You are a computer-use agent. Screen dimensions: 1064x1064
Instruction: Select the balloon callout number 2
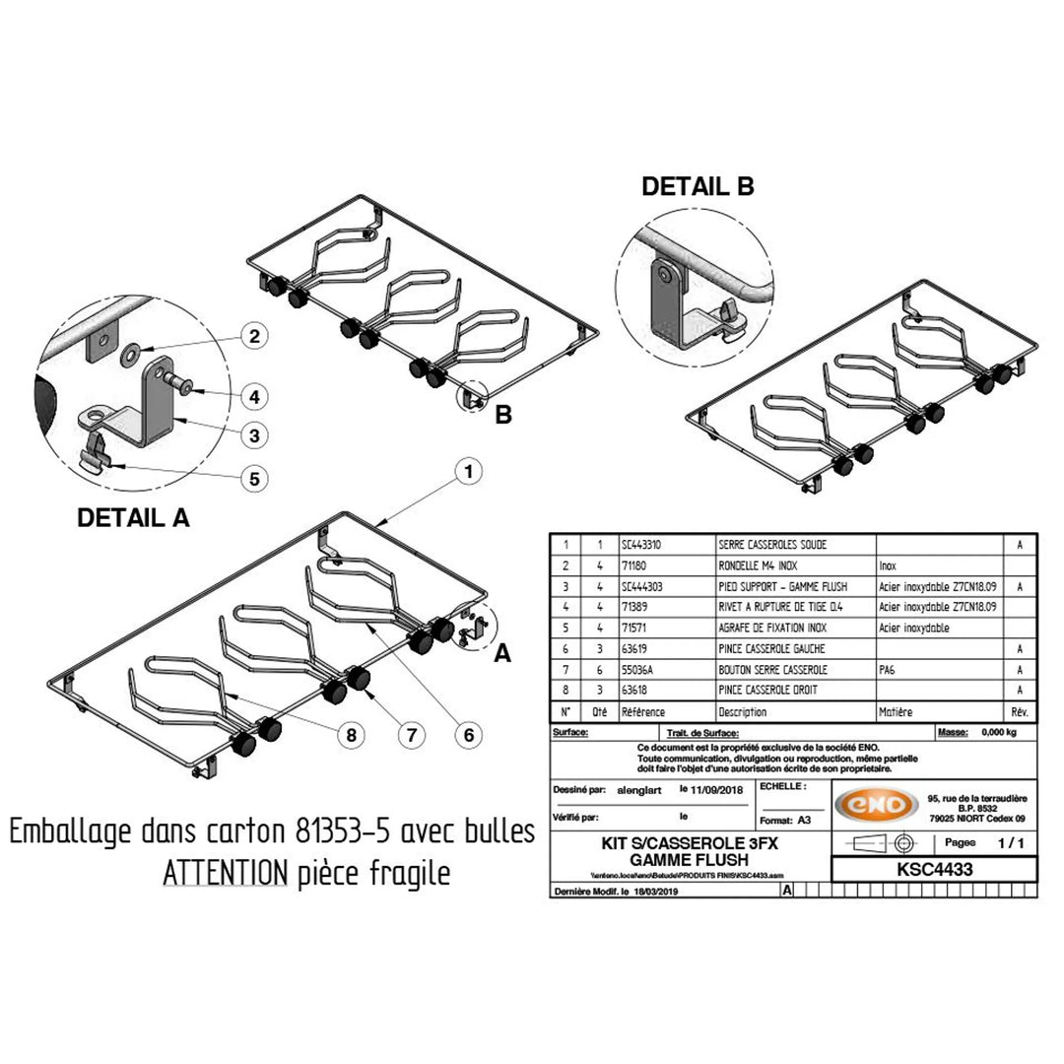[x=253, y=336]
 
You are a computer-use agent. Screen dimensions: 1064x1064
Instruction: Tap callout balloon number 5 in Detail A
[x=253, y=479]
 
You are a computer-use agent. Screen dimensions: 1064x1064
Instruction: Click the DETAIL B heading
[x=698, y=186]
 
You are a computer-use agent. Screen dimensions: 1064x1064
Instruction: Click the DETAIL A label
[x=134, y=518]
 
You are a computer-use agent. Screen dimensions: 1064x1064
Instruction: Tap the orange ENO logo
[x=871, y=805]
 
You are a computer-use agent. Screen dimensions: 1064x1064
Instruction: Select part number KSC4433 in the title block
[x=934, y=870]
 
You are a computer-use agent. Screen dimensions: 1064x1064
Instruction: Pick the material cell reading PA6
[x=888, y=669]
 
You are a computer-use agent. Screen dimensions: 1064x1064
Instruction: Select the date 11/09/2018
[x=714, y=790]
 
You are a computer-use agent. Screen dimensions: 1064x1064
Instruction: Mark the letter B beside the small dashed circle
[x=502, y=416]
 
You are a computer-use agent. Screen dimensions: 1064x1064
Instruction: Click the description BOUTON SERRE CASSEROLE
[x=773, y=669]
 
